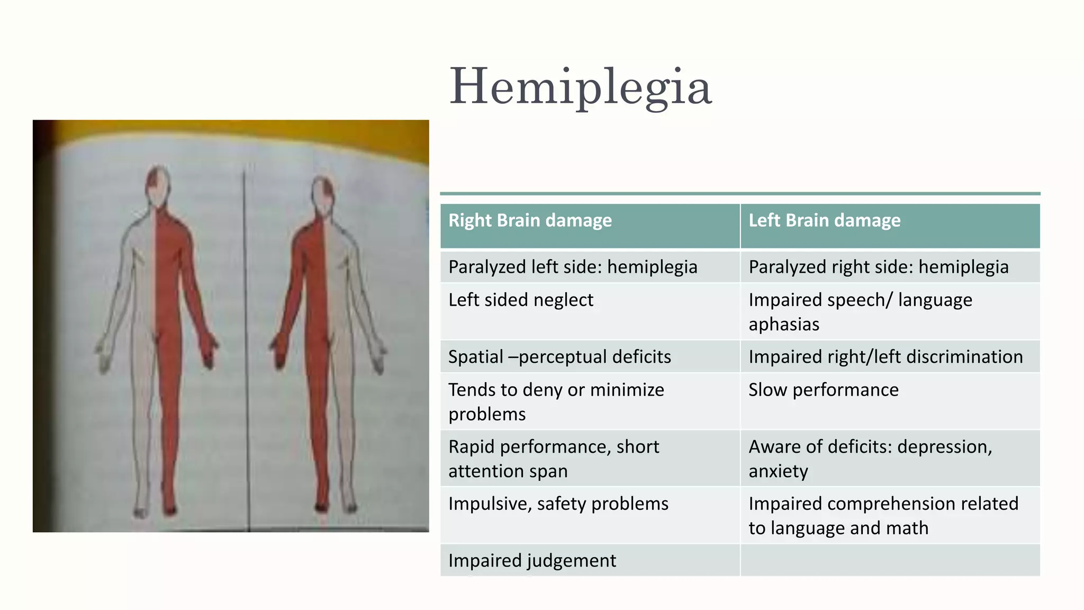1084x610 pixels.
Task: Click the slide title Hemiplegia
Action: pos(581,86)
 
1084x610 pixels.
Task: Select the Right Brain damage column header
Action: pos(530,220)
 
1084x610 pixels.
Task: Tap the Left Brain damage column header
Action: pos(824,220)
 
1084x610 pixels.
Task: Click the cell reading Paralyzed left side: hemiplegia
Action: pos(573,267)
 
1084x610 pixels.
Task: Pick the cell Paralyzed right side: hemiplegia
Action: pos(878,267)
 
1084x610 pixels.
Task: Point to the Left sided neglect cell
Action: pos(521,300)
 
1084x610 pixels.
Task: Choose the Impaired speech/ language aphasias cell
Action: pos(860,311)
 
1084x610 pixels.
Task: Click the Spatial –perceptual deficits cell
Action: pos(559,357)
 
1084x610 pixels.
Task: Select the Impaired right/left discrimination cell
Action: pos(886,357)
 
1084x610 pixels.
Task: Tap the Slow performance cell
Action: pos(823,390)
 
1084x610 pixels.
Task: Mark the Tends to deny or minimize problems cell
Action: pos(556,401)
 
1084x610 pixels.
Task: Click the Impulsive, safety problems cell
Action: pos(558,504)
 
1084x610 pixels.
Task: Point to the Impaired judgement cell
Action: pos(532,560)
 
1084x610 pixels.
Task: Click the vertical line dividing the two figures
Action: pos(246,344)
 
